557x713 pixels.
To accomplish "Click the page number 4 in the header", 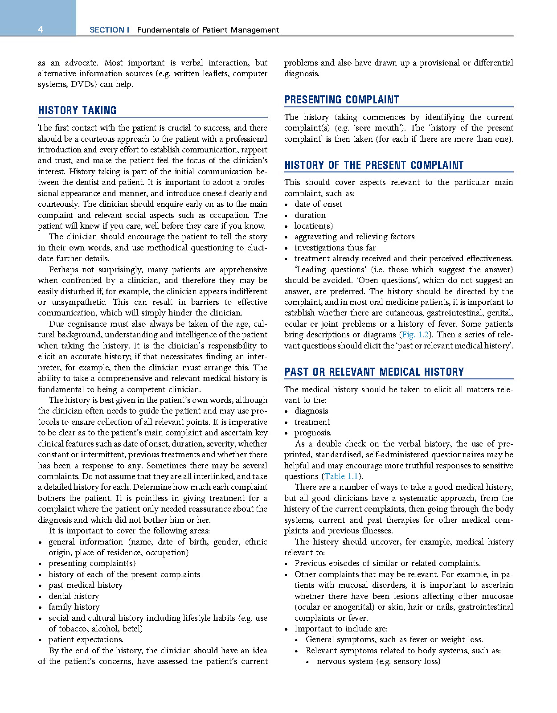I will click(x=41, y=30).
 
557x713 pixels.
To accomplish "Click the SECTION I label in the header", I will click(x=109, y=30).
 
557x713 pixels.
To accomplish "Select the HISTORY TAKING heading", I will click(x=77, y=111).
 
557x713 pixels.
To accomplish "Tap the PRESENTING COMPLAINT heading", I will click(x=341, y=100).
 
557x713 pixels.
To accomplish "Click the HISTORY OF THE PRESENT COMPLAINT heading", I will click(x=374, y=165).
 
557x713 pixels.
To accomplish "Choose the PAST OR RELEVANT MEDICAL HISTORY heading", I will click(x=374, y=372).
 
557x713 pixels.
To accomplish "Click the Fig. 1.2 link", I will click(x=415, y=335).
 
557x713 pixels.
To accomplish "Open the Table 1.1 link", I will click(x=341, y=476).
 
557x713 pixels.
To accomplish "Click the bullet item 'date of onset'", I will click(x=318, y=204).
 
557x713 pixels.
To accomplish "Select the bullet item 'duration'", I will click(x=310, y=215).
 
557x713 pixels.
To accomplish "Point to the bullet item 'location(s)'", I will click(x=313, y=226).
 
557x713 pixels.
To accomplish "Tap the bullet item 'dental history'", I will click(x=74, y=596).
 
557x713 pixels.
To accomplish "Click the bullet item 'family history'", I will click(x=74, y=607).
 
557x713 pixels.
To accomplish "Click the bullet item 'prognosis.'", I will click(x=313, y=433).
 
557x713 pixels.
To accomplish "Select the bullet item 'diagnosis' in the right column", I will click(x=311, y=411).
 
